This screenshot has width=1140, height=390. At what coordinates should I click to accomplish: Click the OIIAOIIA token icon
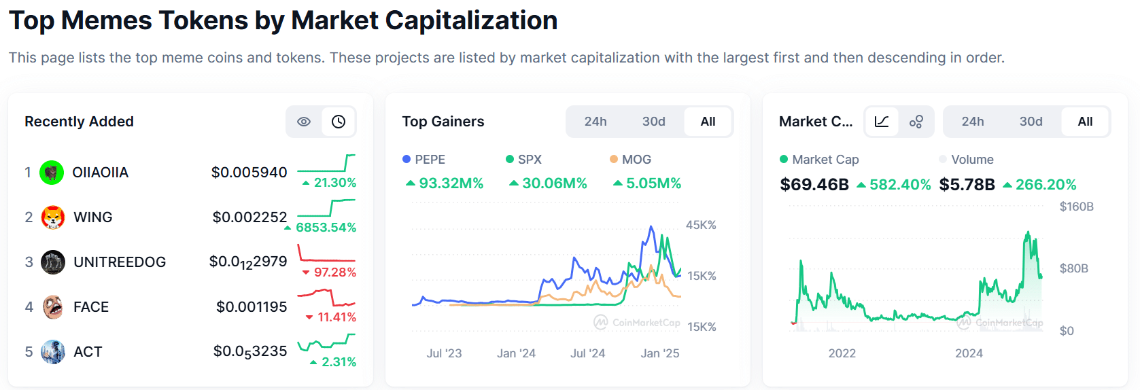click(x=52, y=173)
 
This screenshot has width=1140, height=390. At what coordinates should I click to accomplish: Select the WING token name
click(x=92, y=217)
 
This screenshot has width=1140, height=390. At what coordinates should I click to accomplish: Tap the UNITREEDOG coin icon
click(x=53, y=262)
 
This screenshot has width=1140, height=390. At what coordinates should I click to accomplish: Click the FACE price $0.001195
click(x=252, y=307)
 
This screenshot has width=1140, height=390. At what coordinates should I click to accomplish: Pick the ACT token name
click(x=88, y=352)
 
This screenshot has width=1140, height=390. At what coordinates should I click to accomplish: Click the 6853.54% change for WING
click(x=326, y=228)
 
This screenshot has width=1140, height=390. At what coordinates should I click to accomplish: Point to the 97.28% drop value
click(x=334, y=272)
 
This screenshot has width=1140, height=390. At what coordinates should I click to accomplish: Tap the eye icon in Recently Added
click(x=304, y=122)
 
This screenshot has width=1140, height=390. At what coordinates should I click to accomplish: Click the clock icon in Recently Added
click(x=339, y=122)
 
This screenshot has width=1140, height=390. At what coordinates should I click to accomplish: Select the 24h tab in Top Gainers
click(x=595, y=122)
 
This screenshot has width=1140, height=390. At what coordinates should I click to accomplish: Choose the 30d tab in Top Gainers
click(x=654, y=122)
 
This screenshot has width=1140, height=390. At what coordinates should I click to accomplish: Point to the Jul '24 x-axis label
click(x=587, y=353)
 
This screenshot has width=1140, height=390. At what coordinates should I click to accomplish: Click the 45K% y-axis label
click(x=701, y=225)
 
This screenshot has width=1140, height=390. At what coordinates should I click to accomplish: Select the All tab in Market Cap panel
click(x=1085, y=122)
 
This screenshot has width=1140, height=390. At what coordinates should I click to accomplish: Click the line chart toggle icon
click(x=882, y=122)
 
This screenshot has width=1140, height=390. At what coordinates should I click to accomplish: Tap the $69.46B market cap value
click(x=814, y=185)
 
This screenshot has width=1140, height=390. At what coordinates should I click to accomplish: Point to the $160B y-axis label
click(x=1076, y=207)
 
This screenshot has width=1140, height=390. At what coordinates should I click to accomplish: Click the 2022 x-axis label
click(x=842, y=353)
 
